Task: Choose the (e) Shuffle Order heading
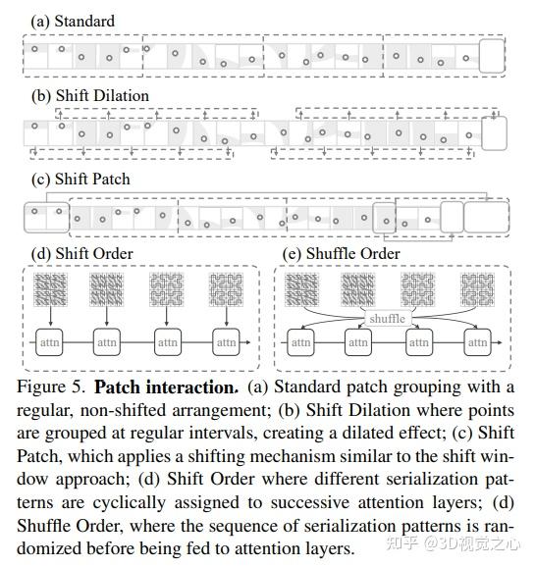[341, 254]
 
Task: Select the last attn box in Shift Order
[226, 342]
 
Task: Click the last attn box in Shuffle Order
[478, 342]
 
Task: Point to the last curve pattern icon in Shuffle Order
[477, 289]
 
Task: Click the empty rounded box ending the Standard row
[493, 55]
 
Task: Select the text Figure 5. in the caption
[52, 387]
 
